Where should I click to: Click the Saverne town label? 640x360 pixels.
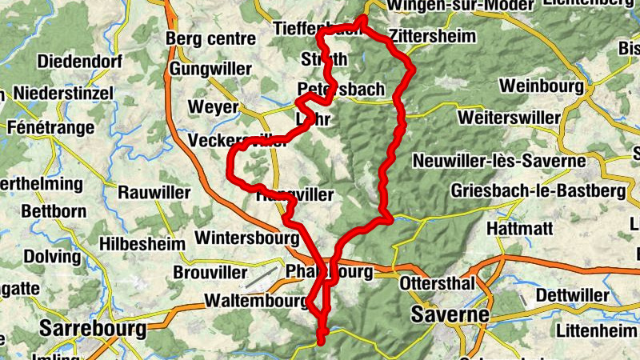(450, 314)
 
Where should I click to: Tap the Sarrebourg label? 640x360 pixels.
(94, 328)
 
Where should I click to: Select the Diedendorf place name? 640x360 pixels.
(78, 61)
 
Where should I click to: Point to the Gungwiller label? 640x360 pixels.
(209, 69)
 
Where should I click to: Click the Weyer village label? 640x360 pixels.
(213, 107)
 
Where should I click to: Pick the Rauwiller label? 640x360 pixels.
(154, 193)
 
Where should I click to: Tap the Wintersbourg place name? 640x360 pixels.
(247, 238)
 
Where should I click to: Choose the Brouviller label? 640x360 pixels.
(210, 273)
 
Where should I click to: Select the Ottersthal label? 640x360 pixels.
(438, 284)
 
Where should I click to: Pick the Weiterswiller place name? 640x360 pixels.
(510, 118)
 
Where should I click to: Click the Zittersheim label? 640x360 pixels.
(432, 36)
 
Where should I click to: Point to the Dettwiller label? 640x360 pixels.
(573, 295)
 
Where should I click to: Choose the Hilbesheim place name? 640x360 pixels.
(143, 243)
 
